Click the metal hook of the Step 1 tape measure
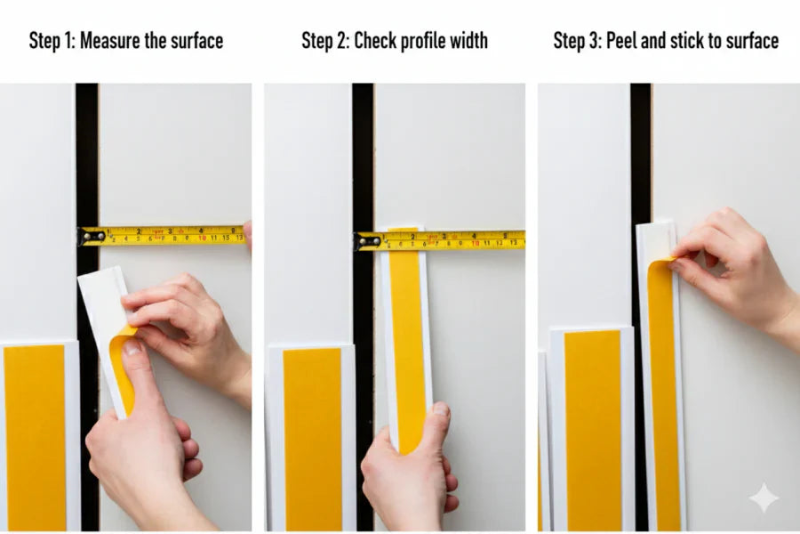pyautogui.click(x=92, y=236)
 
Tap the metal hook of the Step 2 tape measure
pyautogui.click(x=367, y=240)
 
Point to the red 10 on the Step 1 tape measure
pyautogui.click(x=203, y=237)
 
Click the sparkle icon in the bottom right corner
pyautogui.click(x=764, y=498)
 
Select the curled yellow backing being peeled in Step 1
pyautogui.click(x=122, y=365)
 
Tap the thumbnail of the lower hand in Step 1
pyautogui.click(x=132, y=347)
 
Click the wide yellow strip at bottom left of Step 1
pyautogui.click(x=35, y=436)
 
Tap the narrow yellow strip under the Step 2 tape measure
pyautogui.click(x=407, y=338)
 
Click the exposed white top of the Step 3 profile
pyautogui.click(x=655, y=240)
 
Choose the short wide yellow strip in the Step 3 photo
pyautogui.click(x=592, y=427)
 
